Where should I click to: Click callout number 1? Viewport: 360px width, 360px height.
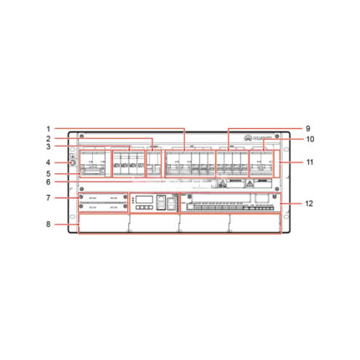click(x=49, y=129)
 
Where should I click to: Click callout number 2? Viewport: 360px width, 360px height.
click(x=49, y=138)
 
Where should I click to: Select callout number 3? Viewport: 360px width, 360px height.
click(x=49, y=147)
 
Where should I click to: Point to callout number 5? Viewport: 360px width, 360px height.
click(x=49, y=173)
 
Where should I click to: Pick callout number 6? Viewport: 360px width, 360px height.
click(x=49, y=183)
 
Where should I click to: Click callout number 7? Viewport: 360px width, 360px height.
click(x=49, y=198)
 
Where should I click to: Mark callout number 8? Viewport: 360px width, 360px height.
click(x=49, y=224)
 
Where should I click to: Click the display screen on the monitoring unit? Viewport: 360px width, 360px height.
click(x=144, y=201)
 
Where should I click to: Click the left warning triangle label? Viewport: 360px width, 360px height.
click(x=224, y=182)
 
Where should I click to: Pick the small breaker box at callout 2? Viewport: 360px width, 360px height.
click(x=152, y=163)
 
